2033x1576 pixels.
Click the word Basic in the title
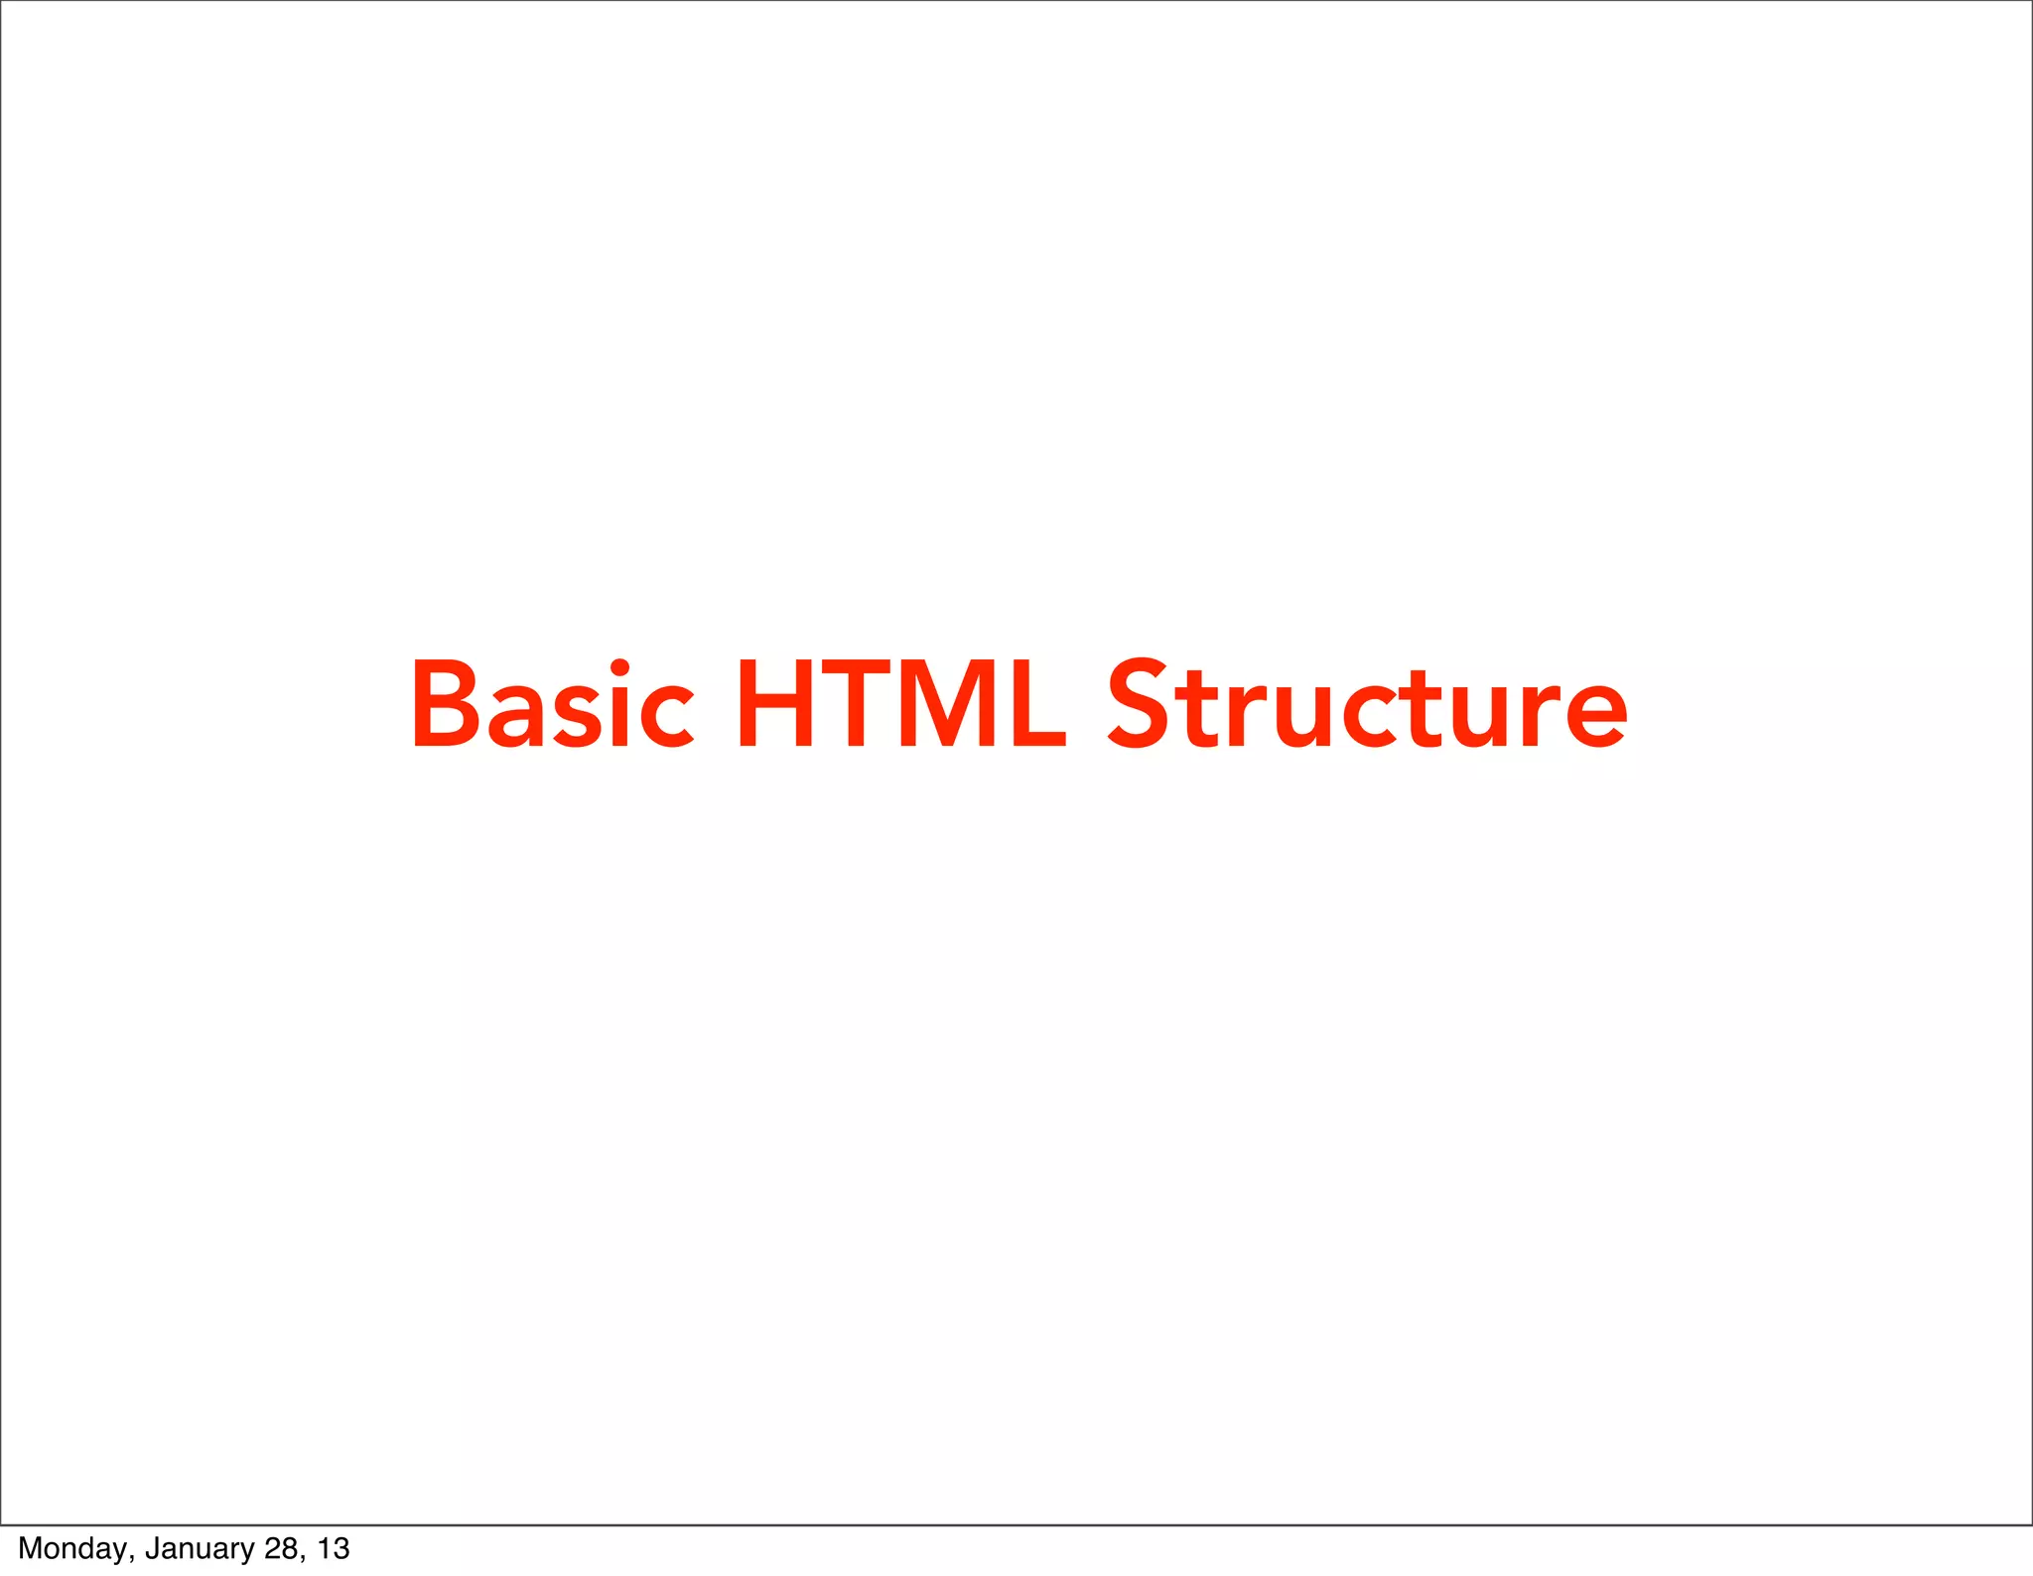point(552,704)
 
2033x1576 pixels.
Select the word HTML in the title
point(900,704)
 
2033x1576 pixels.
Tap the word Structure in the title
point(1367,704)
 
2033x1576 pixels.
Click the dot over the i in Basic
point(619,666)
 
